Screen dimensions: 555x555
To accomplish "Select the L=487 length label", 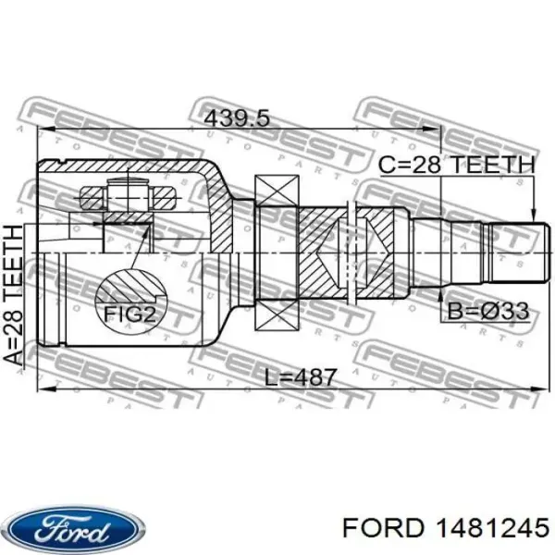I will click(x=294, y=376).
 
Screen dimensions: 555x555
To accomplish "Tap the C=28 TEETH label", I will click(x=457, y=166).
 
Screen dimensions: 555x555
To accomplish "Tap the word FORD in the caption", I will click(x=376, y=528).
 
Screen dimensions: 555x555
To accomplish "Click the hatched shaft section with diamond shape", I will click(x=328, y=252).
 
